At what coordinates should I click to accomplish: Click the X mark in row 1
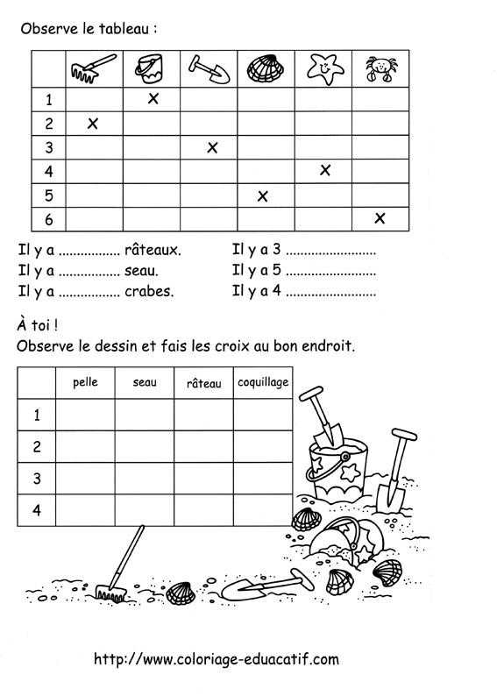[153, 99]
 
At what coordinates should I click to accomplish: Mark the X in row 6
[380, 217]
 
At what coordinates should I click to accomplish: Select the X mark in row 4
[325, 170]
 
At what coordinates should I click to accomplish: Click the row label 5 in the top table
[49, 195]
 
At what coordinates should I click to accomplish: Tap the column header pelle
[86, 382]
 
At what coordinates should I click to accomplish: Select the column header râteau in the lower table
[204, 383]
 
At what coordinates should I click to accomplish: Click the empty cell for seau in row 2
[145, 445]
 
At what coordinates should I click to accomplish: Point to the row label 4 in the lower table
[37, 510]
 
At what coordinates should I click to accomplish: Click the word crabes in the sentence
[150, 291]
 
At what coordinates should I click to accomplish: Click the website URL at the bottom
[216, 658]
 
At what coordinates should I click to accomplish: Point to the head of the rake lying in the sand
[110, 593]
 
